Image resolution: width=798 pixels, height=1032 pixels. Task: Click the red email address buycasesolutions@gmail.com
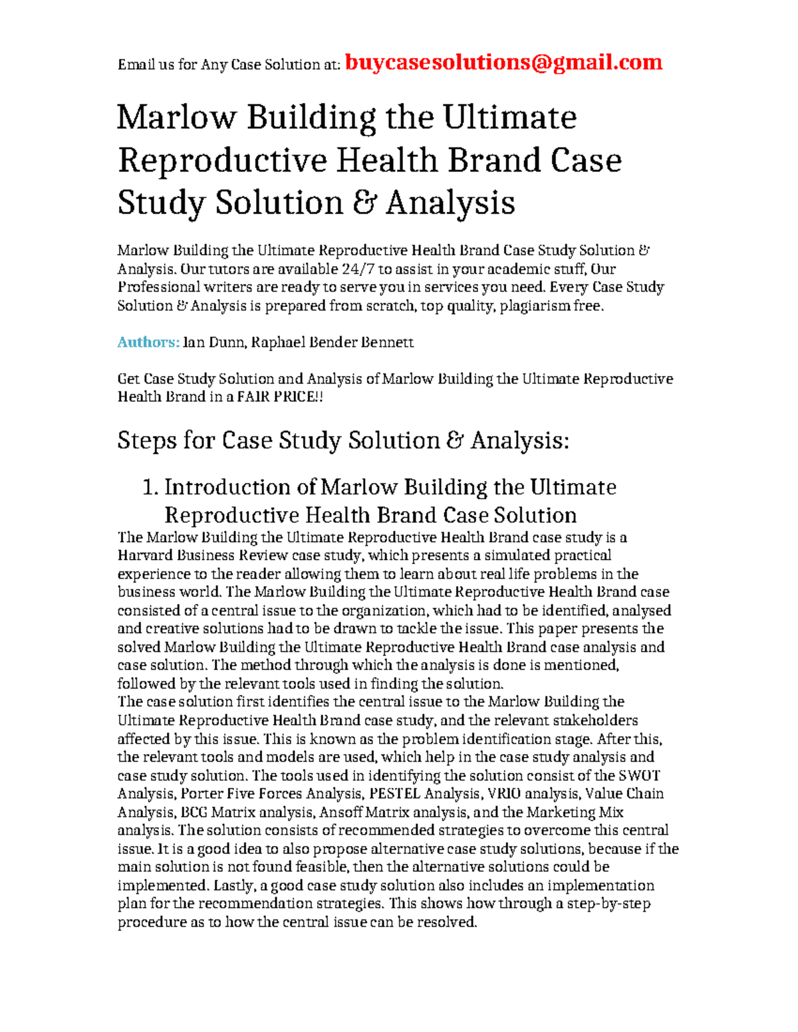point(504,62)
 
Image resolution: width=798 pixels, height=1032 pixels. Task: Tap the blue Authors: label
point(148,342)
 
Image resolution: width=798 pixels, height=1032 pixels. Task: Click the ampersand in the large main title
point(363,203)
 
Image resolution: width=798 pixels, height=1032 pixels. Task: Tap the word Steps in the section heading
point(146,441)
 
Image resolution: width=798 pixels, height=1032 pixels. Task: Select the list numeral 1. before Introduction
point(150,487)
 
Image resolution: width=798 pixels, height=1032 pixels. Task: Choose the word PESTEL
point(394,793)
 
